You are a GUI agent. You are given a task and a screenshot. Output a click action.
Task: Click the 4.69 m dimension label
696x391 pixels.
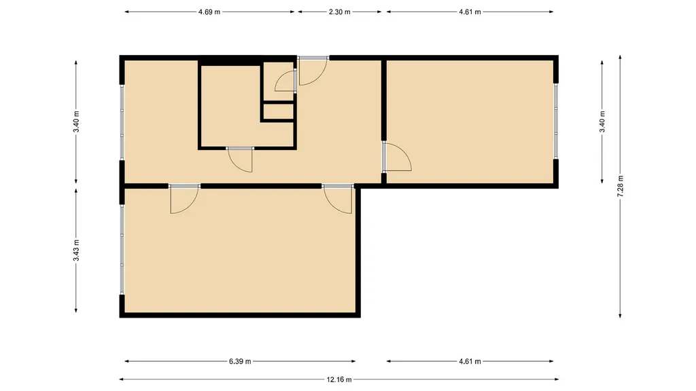[209, 12]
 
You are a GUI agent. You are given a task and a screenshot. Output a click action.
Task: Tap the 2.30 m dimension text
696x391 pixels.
[339, 12]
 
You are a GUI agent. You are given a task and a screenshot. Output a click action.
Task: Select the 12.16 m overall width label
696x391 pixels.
[339, 379]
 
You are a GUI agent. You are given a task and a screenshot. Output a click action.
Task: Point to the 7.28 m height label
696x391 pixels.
[621, 186]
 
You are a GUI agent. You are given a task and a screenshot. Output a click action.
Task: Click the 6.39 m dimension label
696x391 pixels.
[240, 361]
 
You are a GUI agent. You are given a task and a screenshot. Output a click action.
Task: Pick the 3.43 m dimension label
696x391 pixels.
[76, 250]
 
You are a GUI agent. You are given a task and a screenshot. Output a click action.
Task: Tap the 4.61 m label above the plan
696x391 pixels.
[470, 12]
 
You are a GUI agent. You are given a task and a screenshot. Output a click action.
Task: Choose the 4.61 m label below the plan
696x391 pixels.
[470, 361]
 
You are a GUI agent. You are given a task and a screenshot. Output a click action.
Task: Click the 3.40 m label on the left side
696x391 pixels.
[76, 122]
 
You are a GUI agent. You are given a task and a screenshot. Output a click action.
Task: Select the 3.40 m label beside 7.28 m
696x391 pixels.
[602, 122]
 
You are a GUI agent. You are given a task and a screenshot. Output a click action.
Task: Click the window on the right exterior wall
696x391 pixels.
[556, 121]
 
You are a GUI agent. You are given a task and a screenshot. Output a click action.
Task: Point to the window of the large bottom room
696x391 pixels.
[122, 249]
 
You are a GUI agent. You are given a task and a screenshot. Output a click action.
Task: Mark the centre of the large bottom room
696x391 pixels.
[240, 250]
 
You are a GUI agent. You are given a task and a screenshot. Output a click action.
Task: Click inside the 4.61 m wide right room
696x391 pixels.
[470, 122]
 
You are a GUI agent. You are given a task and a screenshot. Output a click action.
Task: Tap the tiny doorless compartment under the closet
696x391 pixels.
[278, 112]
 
